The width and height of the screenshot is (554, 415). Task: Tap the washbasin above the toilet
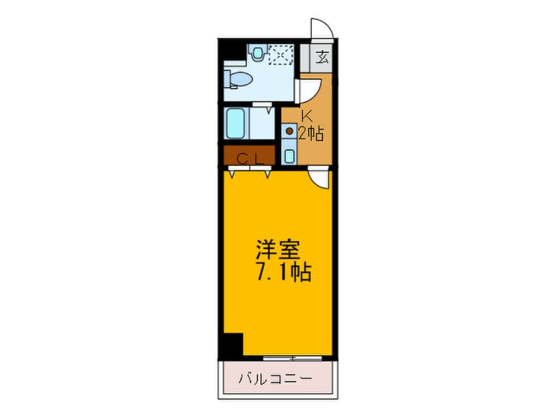click(257, 52)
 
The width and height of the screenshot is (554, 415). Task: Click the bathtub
click(236, 122)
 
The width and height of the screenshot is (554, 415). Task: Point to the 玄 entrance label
click(322, 56)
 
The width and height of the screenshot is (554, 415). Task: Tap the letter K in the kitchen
click(305, 117)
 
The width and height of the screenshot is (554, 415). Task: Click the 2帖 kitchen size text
click(310, 135)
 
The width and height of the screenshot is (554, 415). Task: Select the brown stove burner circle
click(289, 131)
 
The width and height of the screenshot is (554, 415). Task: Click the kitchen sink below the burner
click(289, 156)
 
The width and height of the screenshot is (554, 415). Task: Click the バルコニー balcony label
click(276, 378)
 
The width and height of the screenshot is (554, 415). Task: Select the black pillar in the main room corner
click(232, 344)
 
